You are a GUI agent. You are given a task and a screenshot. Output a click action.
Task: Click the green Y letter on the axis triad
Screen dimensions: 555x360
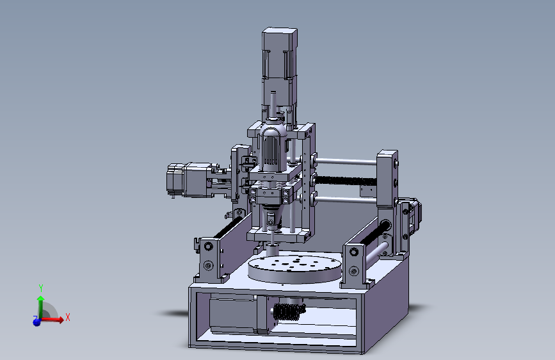[41, 288]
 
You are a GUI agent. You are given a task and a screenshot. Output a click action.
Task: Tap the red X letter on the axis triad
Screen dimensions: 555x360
[68, 317]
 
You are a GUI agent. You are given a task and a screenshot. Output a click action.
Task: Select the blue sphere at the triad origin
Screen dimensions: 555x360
[36, 322]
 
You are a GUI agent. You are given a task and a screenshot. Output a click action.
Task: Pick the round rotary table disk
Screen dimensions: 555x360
[294, 269]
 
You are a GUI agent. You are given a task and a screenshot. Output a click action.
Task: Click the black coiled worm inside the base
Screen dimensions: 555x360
[289, 311]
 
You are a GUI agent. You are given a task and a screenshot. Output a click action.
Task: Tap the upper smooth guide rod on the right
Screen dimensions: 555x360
[346, 161]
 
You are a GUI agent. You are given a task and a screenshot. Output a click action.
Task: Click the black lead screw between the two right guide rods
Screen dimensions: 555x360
[346, 181]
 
